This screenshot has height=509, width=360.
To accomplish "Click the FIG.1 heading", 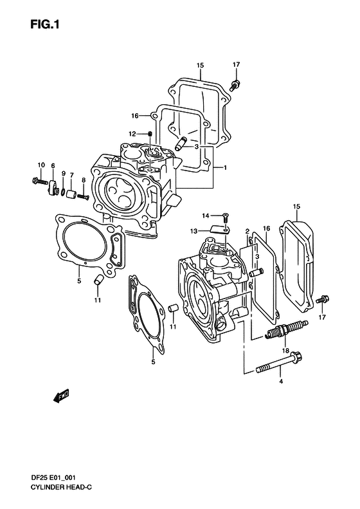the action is click(45, 24).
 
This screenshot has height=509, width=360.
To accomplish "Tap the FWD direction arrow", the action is click(61, 395).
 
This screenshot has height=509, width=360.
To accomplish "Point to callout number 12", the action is click(132, 134).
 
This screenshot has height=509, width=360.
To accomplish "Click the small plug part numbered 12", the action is click(150, 134).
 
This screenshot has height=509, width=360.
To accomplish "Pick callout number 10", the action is click(41, 165).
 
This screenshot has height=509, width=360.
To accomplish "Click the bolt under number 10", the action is click(40, 180).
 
